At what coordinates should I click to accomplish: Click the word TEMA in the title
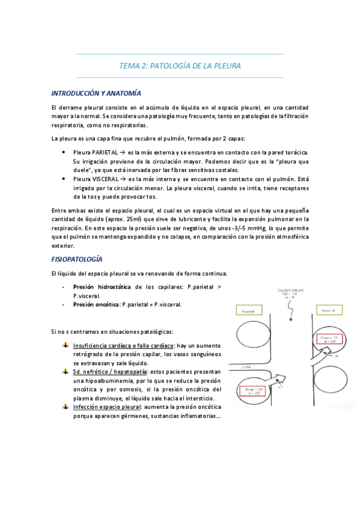128,66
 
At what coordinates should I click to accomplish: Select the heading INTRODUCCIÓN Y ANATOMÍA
96,94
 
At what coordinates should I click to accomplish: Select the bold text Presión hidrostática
103,287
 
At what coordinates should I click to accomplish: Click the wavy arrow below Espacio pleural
290,310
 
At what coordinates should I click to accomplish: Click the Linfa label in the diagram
246,366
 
